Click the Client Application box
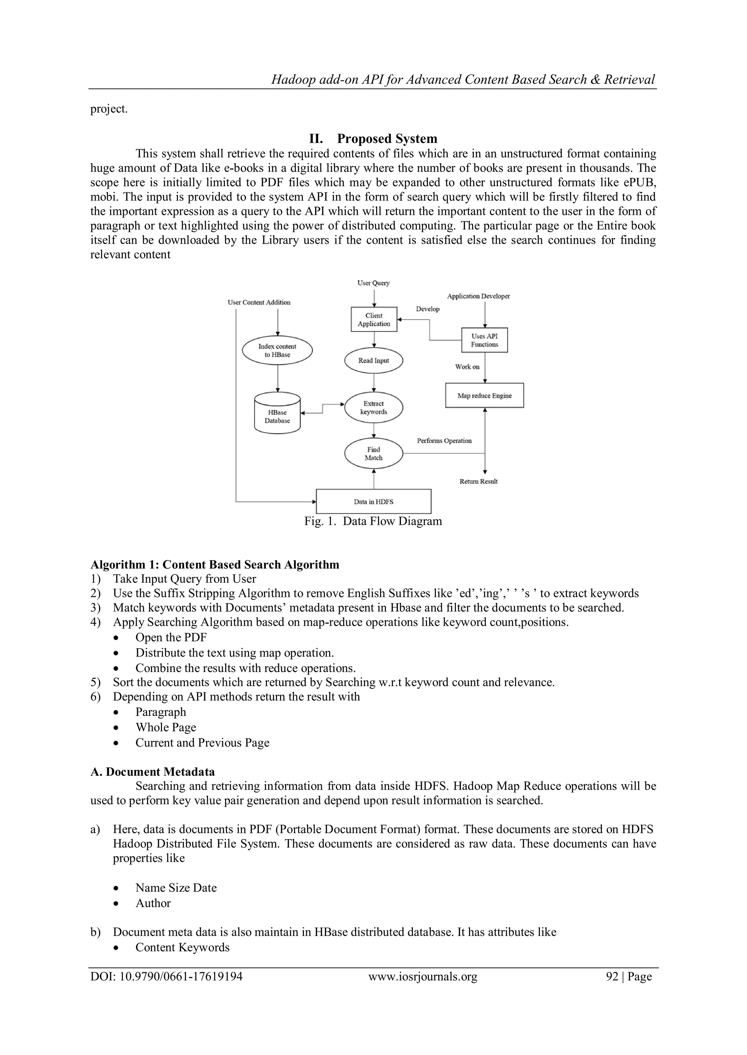373,319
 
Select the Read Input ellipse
373,361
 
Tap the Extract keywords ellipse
373,407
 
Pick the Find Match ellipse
373,453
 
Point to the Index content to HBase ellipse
277,351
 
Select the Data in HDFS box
373,501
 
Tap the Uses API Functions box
484,340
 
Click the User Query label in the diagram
373,283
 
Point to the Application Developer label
479,296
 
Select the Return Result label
479,481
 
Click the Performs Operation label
444,441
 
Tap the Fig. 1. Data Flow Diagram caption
373,521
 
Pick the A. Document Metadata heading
153,771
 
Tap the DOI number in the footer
167,976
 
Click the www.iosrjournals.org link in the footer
423,976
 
